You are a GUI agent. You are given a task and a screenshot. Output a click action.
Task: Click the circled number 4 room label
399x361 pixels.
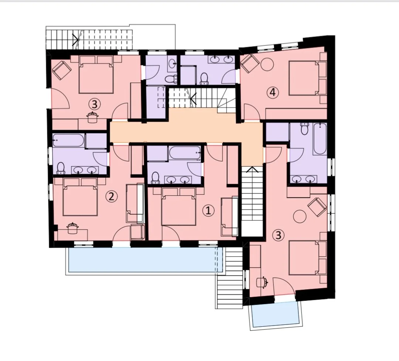pos(273,92)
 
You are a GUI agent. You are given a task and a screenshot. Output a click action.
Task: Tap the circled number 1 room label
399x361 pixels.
pos(208,211)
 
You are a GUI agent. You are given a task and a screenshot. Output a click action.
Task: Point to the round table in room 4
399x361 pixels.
pos(267,65)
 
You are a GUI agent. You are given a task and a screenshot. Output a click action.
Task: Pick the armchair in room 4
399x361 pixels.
pos(250,63)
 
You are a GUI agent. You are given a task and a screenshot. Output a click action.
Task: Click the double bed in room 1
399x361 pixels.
pos(179,207)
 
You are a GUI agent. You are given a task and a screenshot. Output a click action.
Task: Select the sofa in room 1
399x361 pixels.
pos(230,217)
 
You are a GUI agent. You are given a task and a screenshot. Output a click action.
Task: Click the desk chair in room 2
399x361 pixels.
pos(72,228)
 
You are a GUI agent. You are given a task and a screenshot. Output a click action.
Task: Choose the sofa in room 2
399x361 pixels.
pos(135,202)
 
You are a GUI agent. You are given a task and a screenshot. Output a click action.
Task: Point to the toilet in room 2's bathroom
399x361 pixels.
pos(61,168)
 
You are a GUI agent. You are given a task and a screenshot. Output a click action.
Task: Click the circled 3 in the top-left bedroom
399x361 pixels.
pos(95,104)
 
